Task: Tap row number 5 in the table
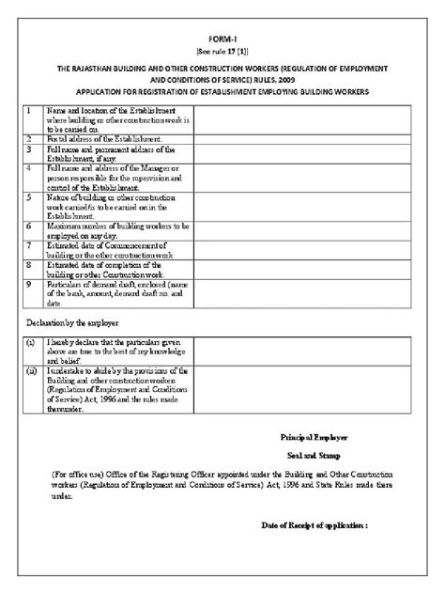30,198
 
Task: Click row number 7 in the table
30,245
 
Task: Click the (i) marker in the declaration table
32,345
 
